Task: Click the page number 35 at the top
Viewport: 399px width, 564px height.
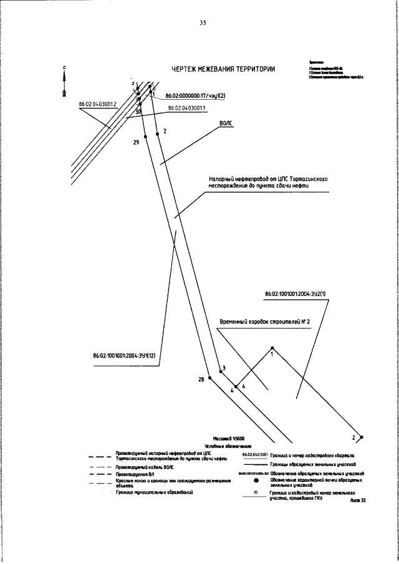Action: click(x=203, y=23)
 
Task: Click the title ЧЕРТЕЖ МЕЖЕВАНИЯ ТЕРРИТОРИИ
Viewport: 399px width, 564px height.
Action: click(x=223, y=69)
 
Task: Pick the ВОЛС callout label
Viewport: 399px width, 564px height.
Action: click(x=226, y=124)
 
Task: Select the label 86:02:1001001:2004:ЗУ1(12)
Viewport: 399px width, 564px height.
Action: click(x=124, y=356)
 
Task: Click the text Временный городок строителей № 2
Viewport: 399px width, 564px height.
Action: click(x=265, y=322)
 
